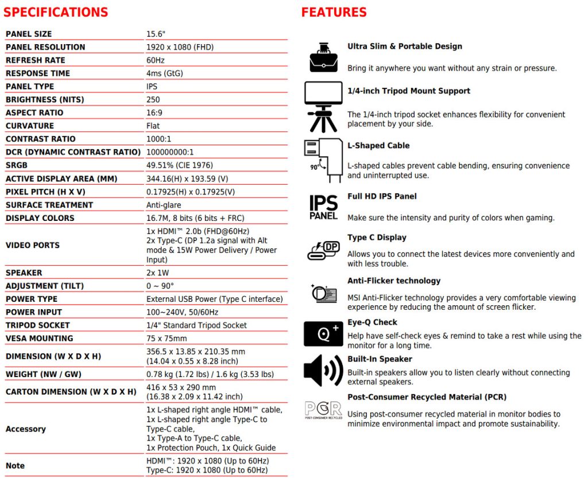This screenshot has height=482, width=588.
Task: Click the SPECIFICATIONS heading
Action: coord(56,12)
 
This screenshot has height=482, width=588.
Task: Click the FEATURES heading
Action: coord(334,12)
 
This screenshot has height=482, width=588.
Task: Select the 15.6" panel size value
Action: coord(156,34)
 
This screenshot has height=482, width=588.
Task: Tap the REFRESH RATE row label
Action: coord(35,60)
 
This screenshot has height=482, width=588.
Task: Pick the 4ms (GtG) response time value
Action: coord(165,73)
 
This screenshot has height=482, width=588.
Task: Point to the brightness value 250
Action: coord(153,100)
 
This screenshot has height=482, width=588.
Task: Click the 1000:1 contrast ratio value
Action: coord(158,139)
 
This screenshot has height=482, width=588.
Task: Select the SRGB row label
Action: coord(17,165)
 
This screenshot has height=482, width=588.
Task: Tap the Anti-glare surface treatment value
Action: coord(164,205)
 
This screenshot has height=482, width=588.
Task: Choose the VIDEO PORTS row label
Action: coord(32,245)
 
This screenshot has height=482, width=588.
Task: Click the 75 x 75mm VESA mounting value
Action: coord(167,339)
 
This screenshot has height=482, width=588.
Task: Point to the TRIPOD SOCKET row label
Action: coord(37,325)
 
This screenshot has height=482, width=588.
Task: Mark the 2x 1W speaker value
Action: coord(158,273)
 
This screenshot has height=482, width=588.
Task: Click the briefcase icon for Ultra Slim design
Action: coord(323,57)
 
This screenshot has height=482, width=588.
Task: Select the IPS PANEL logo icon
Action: coord(323,207)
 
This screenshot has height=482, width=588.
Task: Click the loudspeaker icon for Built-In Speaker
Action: coord(323,370)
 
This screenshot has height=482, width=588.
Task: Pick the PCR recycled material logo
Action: coord(323,410)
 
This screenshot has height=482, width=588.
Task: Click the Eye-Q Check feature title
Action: coord(372,322)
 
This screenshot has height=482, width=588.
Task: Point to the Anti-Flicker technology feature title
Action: coord(394,281)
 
